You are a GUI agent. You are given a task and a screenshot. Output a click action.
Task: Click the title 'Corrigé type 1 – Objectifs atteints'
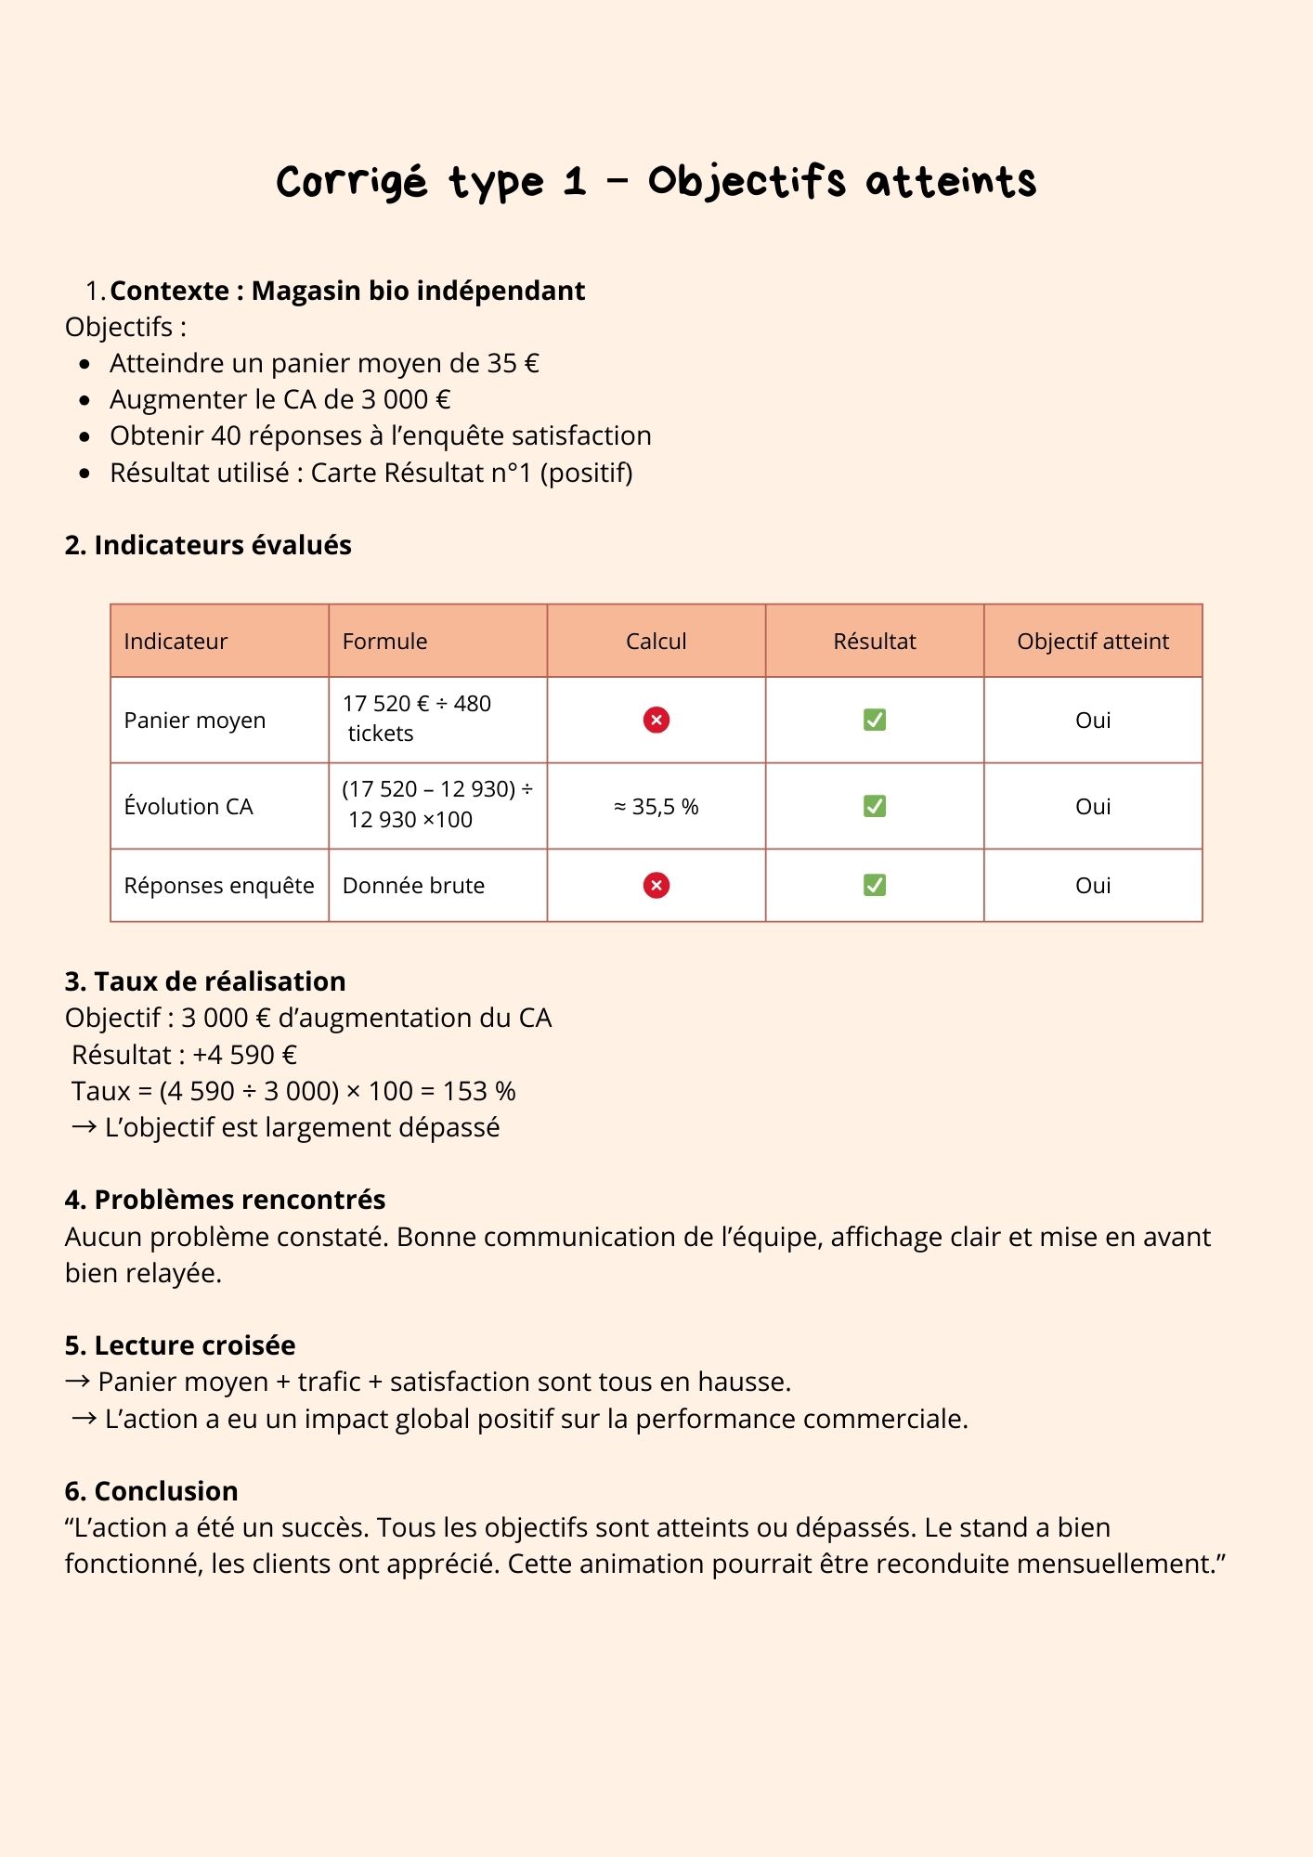[x=656, y=181]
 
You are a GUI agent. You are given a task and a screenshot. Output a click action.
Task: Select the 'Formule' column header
[x=384, y=641]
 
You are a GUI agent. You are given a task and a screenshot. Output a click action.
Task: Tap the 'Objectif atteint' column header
[x=1092, y=641]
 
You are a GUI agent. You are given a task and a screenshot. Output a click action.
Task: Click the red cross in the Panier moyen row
[x=656, y=720]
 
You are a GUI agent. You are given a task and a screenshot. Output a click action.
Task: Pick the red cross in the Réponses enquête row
[x=656, y=885]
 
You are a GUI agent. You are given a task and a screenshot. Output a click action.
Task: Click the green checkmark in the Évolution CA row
[x=874, y=806]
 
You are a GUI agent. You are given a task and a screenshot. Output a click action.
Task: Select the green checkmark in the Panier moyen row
[x=874, y=720]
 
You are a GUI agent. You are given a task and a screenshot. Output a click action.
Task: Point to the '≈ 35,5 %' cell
[x=656, y=807]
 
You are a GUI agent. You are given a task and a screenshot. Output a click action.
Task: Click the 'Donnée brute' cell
[x=413, y=885]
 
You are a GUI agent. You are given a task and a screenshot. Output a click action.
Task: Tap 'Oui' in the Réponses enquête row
[x=1092, y=885]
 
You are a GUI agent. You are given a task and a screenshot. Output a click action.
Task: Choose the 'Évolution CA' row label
[x=188, y=807]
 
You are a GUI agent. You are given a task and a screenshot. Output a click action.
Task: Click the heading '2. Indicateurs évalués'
[x=208, y=545]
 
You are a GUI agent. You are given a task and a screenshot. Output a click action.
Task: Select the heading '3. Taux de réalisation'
[x=205, y=981]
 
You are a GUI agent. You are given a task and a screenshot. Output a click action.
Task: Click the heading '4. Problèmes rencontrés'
[x=225, y=1200]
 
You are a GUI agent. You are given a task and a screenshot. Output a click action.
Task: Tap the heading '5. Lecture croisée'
[x=180, y=1345]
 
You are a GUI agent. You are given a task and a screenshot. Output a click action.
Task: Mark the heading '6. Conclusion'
[x=151, y=1491]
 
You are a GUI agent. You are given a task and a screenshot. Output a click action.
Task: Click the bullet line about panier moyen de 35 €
[x=324, y=363]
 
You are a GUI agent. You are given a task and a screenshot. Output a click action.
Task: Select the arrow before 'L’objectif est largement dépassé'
[x=84, y=1127]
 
